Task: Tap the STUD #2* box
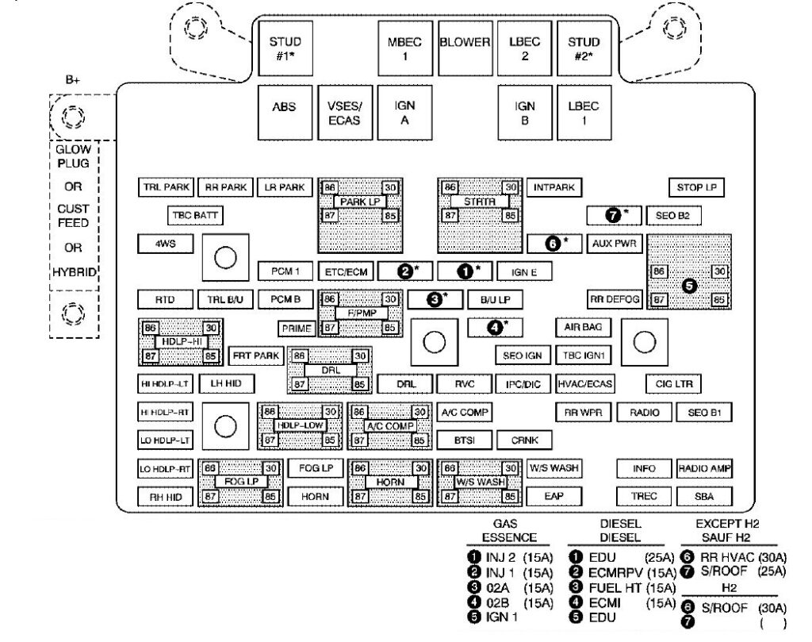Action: coord(584,47)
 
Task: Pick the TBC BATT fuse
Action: coord(195,215)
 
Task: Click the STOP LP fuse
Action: coord(696,188)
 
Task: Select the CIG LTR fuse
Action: coord(673,384)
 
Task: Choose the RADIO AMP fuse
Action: coord(703,469)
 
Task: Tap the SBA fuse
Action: coord(703,497)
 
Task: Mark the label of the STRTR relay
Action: coord(479,202)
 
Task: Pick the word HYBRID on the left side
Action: coord(74,271)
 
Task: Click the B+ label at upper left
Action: coord(74,80)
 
